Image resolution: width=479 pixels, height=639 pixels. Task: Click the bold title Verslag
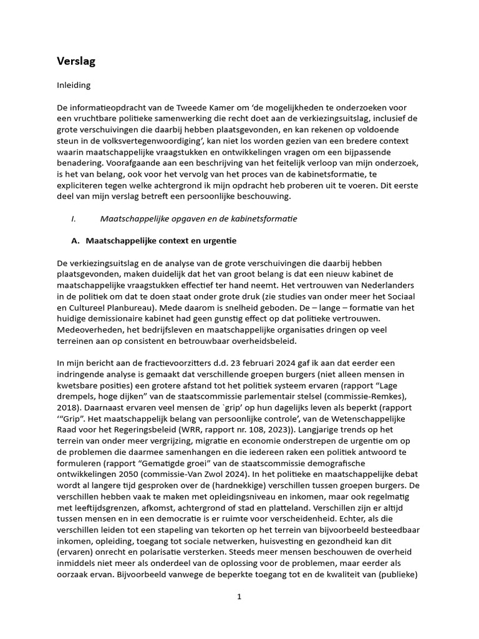click(x=76, y=61)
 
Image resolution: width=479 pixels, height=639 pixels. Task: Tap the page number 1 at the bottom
click(x=239, y=597)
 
